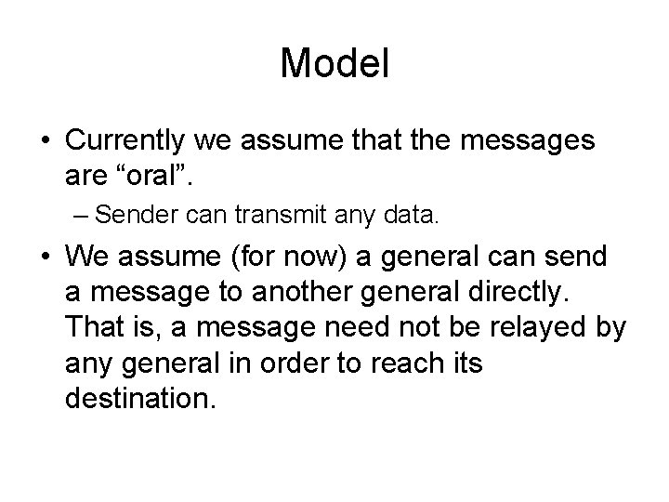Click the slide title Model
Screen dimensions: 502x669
(x=334, y=63)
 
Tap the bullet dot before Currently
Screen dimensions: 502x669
(x=45, y=142)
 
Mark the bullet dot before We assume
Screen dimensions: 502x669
(x=45, y=256)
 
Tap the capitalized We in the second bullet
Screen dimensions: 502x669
(x=88, y=256)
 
